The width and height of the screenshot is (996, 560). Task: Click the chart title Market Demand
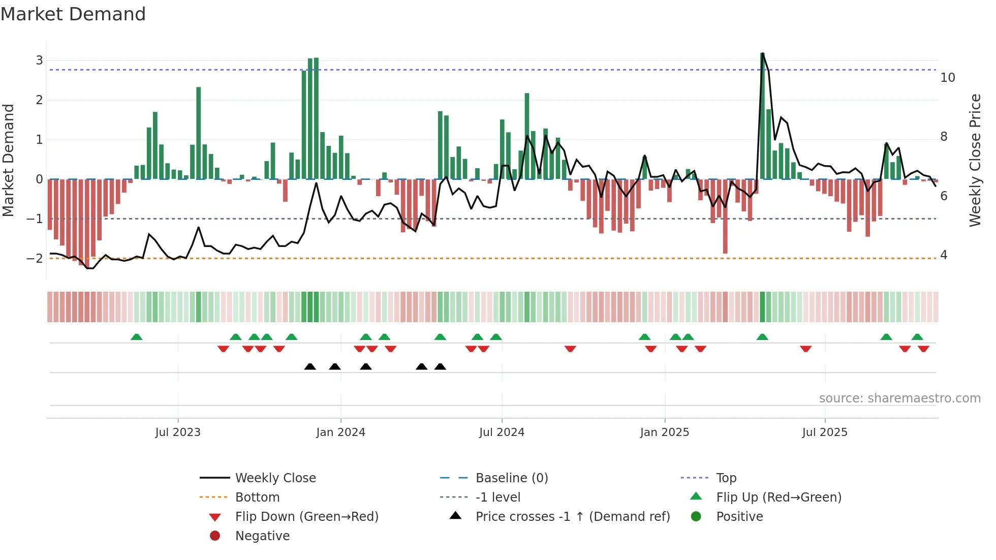coord(73,14)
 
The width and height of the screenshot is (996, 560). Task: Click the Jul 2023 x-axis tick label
coord(178,432)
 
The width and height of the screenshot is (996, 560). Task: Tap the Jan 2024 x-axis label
coord(340,432)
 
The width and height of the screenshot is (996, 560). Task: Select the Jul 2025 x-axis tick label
coord(825,432)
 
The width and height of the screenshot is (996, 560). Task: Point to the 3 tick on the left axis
coord(39,60)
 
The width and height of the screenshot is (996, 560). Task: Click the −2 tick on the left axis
coord(35,259)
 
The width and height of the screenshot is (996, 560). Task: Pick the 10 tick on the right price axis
coord(947,78)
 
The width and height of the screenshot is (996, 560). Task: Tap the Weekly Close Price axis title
coord(975,160)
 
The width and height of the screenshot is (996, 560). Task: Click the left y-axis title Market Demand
coord(8,160)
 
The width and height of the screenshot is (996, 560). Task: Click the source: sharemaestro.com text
coord(899,398)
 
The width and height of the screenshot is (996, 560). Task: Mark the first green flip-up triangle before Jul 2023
coord(136,337)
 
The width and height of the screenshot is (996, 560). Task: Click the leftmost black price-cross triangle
coord(310,366)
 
